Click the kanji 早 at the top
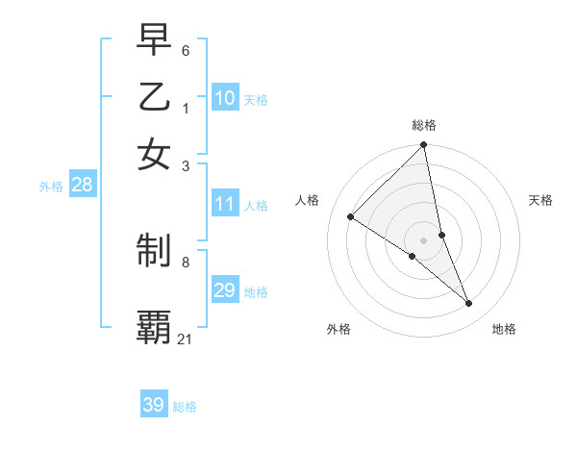pyautogui.click(x=154, y=38)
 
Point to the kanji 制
pyautogui.click(x=154, y=251)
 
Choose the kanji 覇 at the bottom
pyautogui.click(x=154, y=326)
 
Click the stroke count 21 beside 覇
pyautogui.click(x=185, y=339)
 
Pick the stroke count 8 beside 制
pyautogui.click(x=185, y=261)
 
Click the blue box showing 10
pyautogui.click(x=225, y=98)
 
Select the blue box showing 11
pyautogui.click(x=225, y=204)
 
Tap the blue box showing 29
pyautogui.click(x=225, y=290)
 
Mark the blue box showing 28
pyautogui.click(x=82, y=186)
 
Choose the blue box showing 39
pyautogui.click(x=153, y=405)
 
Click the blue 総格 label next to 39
pyautogui.click(x=185, y=407)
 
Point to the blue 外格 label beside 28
pyautogui.click(x=51, y=187)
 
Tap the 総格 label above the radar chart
pyautogui.click(x=424, y=125)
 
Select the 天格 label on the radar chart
pyautogui.click(x=540, y=200)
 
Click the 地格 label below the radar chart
pyautogui.click(x=504, y=329)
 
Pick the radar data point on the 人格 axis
pyautogui.click(x=351, y=217)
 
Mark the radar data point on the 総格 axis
pyautogui.click(x=424, y=146)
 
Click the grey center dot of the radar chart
pyautogui.click(x=424, y=239)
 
